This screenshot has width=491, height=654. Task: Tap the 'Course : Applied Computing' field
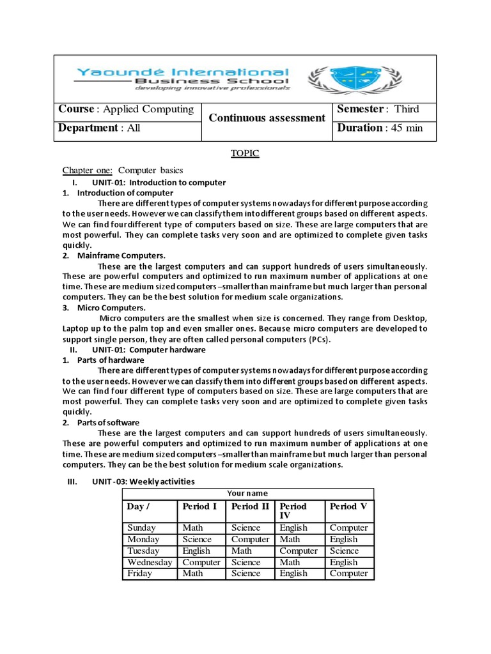coord(126,109)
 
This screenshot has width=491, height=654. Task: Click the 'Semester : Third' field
coord(377,109)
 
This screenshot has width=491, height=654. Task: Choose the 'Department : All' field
coord(99,128)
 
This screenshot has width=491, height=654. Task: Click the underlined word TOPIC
coord(245,154)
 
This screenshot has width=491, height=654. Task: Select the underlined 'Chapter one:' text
coord(87,171)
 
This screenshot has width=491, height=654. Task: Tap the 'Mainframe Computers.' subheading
coord(113,255)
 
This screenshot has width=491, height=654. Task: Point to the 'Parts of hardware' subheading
coord(107,360)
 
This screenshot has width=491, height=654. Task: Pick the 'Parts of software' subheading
coord(108,422)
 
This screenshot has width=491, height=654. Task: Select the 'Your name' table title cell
coord(247,493)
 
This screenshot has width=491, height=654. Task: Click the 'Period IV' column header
coord(293,511)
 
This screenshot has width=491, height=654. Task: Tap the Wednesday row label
coord(150,562)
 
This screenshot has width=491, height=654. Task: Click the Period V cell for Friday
coord(348,574)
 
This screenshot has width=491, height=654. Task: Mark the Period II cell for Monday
coord(250,539)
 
